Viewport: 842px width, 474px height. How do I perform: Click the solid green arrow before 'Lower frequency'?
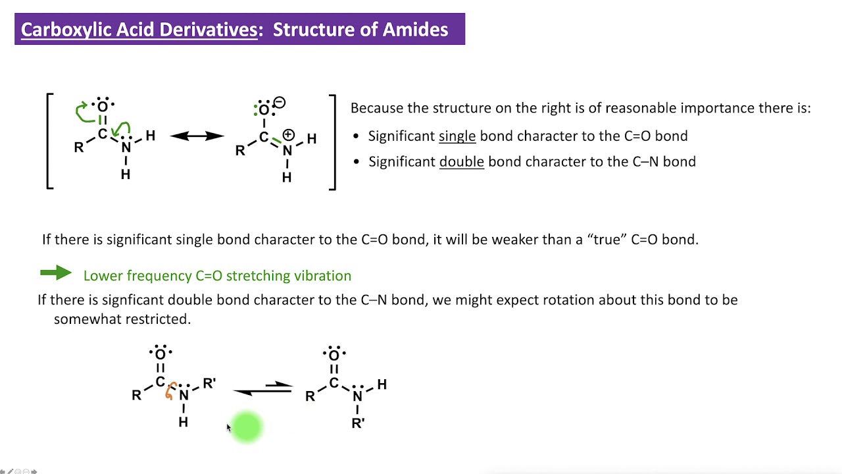pos(56,273)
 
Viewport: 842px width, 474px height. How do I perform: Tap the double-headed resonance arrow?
pos(197,136)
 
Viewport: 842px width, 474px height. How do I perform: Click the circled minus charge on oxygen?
pos(280,103)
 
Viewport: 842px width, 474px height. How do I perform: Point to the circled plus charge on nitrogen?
pos(288,135)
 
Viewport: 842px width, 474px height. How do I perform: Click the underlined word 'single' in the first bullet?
pos(457,136)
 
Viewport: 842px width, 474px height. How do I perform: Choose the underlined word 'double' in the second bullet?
pos(461,162)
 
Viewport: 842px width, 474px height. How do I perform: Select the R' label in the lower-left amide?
pos(209,383)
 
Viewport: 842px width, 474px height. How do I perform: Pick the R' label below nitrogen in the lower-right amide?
pos(358,423)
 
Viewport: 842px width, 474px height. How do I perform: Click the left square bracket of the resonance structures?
pos(50,142)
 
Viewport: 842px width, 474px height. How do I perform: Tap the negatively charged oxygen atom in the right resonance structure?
pos(264,109)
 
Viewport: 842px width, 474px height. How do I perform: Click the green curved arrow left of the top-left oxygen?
pos(82,112)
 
